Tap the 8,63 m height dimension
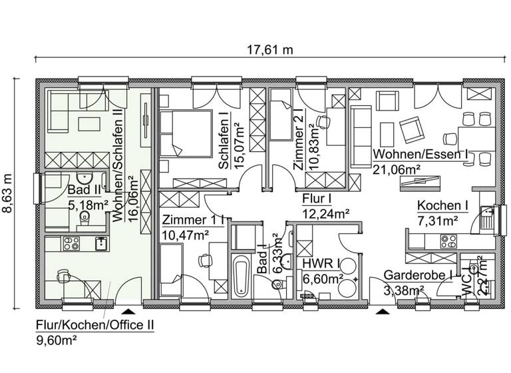(x=8, y=193)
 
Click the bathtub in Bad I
(x=240, y=276)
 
